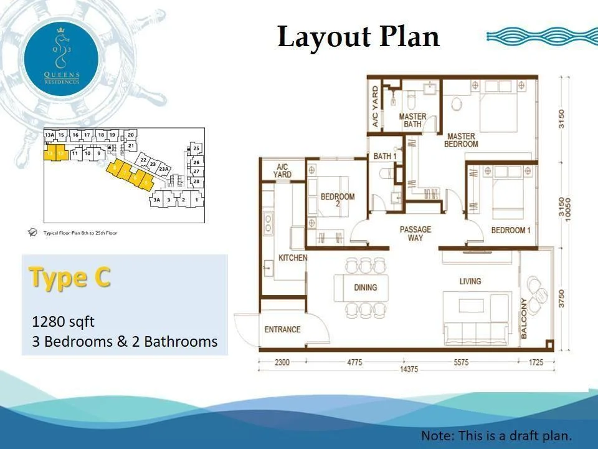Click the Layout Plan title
coord(358,37)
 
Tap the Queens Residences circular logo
coord(61,57)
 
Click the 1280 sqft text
coord(63,322)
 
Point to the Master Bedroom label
coord(461,140)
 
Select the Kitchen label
coord(293,258)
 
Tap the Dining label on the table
coord(366,287)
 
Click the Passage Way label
coord(415,234)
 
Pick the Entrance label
coord(282,329)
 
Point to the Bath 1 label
coord(386,156)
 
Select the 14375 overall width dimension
coord(408,370)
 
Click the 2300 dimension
coord(281,362)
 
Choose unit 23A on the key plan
coord(164,169)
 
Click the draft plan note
coord(496,435)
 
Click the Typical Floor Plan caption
coord(80,233)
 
